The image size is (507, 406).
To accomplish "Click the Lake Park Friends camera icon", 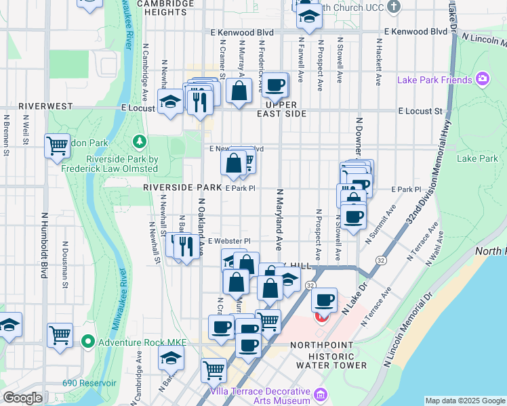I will pyautogui.click(x=483, y=79).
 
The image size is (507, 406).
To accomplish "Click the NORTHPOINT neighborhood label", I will pyautogui.click(x=331, y=345).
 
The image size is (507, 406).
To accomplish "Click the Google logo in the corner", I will pyautogui.click(x=22, y=398).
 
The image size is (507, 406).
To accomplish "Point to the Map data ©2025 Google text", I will pyautogui.click(x=465, y=401).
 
